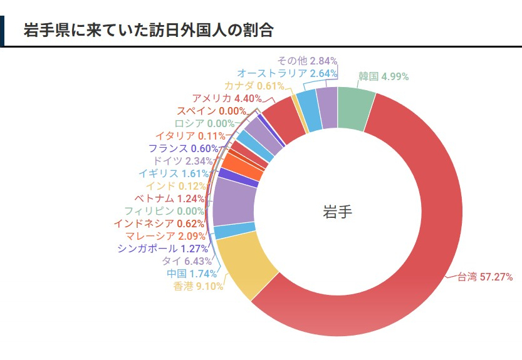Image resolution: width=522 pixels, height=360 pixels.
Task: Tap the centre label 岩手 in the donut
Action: pyautogui.click(x=337, y=212)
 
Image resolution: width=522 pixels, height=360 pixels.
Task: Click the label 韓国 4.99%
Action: pyautogui.click(x=384, y=77)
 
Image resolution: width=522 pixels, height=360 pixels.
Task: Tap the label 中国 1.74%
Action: pyautogui.click(x=192, y=274)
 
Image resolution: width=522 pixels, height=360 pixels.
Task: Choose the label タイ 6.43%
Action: pyautogui.click(x=187, y=261)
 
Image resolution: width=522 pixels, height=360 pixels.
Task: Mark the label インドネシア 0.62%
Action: pyautogui.click(x=159, y=224)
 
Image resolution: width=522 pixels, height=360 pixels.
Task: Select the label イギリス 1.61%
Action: pyautogui.click(x=176, y=173)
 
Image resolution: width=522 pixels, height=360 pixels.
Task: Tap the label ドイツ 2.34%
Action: pyautogui.click(x=183, y=161)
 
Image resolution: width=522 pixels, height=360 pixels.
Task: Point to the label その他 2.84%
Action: pyautogui.click(x=307, y=61)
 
